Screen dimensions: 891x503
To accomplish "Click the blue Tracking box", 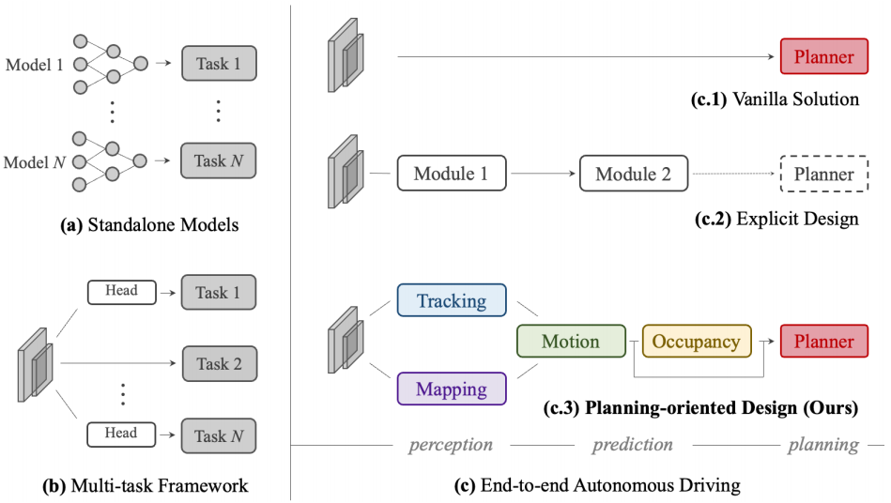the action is click(x=452, y=299).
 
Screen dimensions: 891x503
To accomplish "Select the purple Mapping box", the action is click(x=452, y=389).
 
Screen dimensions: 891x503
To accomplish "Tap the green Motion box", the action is click(x=571, y=341).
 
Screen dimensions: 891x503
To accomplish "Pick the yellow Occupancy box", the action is click(x=697, y=341).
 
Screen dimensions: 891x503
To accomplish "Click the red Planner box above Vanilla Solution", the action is click(x=824, y=56).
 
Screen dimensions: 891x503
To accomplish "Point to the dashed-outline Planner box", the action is click(x=824, y=174).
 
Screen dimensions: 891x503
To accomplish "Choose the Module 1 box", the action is click(x=452, y=174).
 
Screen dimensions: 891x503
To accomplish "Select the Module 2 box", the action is click(x=634, y=174).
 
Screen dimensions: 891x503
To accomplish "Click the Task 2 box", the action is click(x=220, y=363).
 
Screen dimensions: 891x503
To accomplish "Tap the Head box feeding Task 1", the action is click(x=122, y=292).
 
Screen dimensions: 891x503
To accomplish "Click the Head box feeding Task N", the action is click(x=121, y=434).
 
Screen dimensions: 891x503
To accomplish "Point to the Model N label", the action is click(x=35, y=162).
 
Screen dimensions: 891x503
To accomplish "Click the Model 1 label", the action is click(x=34, y=65).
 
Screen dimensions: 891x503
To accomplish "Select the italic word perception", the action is click(x=451, y=445).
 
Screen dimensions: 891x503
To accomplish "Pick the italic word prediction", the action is click(x=633, y=444).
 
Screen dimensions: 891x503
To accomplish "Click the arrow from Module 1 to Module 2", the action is click(x=544, y=174).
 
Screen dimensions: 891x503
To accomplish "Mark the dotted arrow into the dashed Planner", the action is click(x=733, y=174).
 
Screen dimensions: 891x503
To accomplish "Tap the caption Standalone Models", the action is click(x=149, y=225).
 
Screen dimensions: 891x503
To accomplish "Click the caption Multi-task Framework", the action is click(x=146, y=486).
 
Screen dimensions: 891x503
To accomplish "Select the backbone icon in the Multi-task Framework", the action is click(x=36, y=365).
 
